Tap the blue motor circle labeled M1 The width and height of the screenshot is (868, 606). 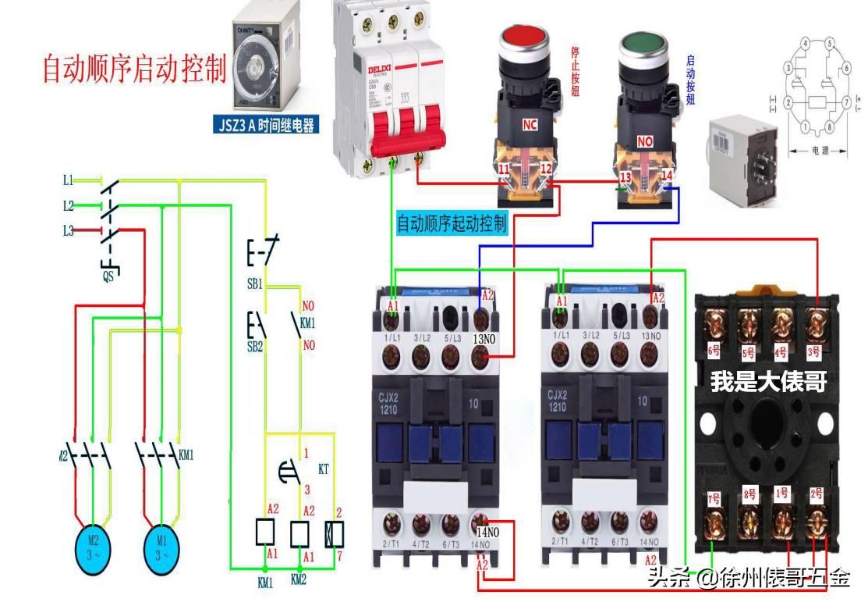tap(161, 550)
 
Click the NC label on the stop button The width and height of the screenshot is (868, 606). tap(530, 124)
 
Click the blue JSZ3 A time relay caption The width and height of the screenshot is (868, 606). tap(265, 124)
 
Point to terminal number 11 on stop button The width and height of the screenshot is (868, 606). tap(504, 169)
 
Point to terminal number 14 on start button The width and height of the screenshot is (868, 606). tap(667, 176)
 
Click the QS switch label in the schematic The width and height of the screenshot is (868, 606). tap(108, 276)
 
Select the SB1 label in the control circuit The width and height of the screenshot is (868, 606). tap(255, 284)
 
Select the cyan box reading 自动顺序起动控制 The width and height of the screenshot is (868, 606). tap(452, 224)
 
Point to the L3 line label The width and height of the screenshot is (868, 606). tap(69, 230)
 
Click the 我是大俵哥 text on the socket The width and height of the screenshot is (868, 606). tap(768, 383)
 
